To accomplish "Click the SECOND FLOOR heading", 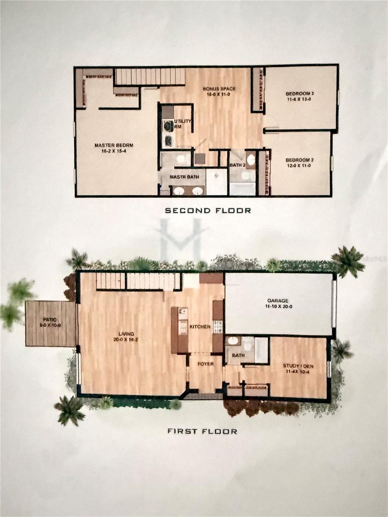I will point(208,211).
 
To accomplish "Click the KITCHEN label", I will point(200,327).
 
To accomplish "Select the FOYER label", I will point(206,364).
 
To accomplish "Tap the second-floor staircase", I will point(150,77).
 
